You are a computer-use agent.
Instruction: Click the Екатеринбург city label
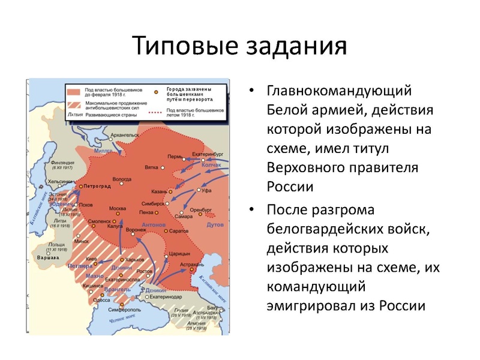(209, 154)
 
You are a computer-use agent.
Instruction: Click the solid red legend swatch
(74, 91)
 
